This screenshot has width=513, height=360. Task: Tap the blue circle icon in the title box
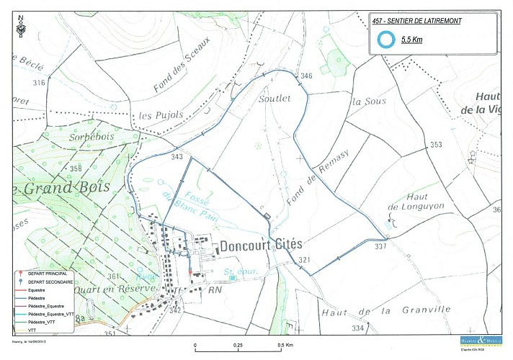pos(387,40)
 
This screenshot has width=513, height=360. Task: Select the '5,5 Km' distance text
pos(411,41)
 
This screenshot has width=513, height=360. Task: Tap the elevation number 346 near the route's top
pos(306,76)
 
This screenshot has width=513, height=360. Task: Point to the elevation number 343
pos(177,156)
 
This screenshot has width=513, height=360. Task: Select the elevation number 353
pos(436,145)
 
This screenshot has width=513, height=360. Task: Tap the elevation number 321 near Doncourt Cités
pos(304,260)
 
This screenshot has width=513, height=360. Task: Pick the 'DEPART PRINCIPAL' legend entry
pos(46,275)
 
